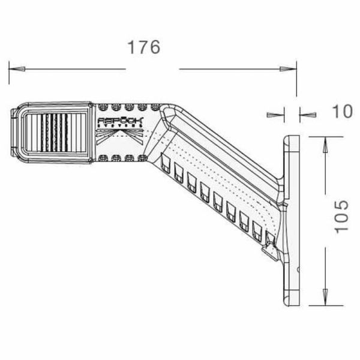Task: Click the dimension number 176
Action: click(144, 47)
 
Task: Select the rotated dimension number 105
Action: click(340, 217)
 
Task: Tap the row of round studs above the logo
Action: click(126, 108)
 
